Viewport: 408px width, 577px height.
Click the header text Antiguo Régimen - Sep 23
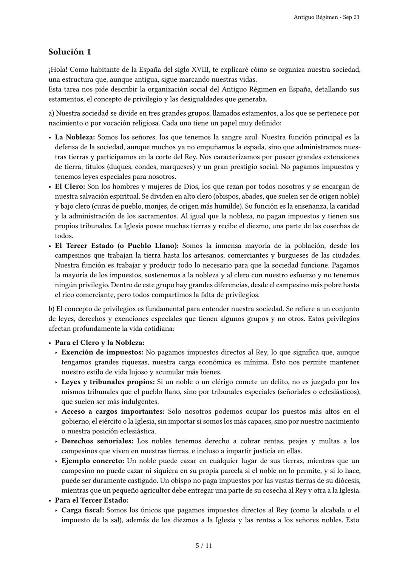tap(326, 17)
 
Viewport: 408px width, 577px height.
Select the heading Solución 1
tap(70, 52)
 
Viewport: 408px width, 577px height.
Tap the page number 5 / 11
tap(204, 546)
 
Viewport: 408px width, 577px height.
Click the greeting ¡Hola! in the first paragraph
tap(58, 70)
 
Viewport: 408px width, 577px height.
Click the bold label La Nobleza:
tap(75, 137)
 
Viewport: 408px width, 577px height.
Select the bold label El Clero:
tap(70, 186)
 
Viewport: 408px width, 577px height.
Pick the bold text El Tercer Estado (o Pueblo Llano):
tap(117, 246)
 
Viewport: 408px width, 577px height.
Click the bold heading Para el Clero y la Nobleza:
tap(99, 343)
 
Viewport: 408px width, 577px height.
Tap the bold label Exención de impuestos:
tap(102, 353)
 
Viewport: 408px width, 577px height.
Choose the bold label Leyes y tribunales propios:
tap(108, 382)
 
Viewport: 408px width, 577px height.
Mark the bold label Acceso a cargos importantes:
tap(113, 411)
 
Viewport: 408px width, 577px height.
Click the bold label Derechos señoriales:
tap(97, 441)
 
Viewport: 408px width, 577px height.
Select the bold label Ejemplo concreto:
tap(93, 461)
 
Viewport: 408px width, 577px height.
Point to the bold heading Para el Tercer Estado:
tap(92, 500)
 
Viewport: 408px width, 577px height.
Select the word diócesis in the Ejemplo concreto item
tap(346, 481)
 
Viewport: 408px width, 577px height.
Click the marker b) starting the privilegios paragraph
tap(52, 309)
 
